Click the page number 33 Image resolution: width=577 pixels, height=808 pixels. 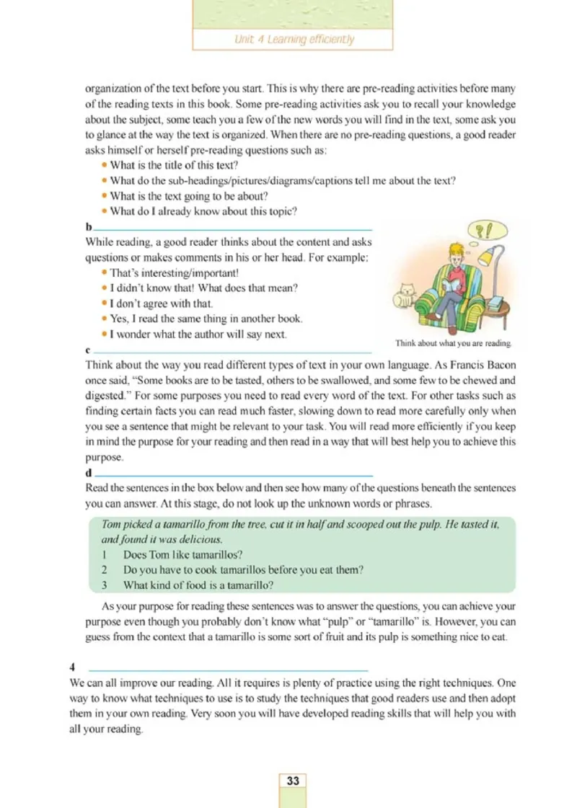click(293, 781)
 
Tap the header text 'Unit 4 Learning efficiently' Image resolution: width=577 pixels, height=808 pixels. click(294, 40)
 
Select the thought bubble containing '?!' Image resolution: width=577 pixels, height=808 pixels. click(488, 231)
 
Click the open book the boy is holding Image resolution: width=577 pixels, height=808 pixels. click(440, 288)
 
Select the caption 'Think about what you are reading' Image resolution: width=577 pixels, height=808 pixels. click(453, 344)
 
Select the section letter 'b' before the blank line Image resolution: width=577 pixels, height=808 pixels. click(88, 228)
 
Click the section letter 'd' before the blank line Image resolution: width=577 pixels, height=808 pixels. click(88, 474)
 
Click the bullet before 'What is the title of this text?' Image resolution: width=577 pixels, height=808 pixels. click(105, 165)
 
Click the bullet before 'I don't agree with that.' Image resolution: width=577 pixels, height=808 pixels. click(105, 303)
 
